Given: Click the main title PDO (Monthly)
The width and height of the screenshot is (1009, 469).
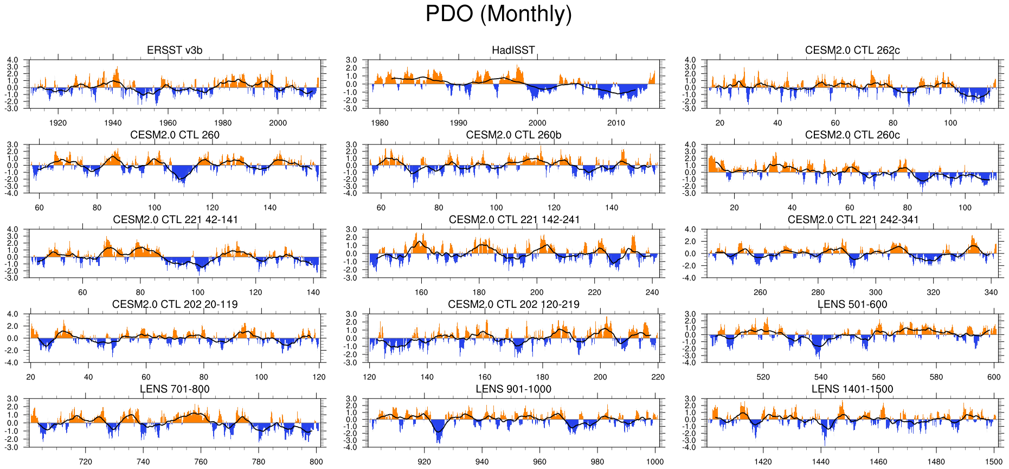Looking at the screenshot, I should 498,14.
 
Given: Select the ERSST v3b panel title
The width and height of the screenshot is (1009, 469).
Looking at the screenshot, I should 175,50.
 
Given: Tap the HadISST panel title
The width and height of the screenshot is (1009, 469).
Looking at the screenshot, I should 513,50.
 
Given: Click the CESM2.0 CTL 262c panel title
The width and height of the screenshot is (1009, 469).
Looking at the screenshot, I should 852,50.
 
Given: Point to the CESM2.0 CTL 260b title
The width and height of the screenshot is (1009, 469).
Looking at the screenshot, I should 513,135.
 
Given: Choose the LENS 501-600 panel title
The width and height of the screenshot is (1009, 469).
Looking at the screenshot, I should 852,305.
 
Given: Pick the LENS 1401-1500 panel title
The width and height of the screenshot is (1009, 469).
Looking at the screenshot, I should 852,389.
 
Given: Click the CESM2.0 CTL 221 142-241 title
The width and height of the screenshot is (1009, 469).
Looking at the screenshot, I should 514,220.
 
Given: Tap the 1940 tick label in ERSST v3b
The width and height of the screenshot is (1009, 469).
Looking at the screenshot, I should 113,123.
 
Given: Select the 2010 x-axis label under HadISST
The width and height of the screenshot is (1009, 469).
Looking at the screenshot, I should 616,123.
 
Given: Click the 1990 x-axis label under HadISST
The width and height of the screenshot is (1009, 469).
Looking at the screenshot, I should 458,123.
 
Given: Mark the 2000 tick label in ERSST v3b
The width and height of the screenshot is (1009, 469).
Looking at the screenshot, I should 278,123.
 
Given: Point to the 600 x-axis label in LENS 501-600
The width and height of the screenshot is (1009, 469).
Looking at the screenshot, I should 994,377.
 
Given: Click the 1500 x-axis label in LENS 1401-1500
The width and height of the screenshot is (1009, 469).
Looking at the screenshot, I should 994,462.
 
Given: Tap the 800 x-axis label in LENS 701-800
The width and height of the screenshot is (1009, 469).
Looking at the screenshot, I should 316,462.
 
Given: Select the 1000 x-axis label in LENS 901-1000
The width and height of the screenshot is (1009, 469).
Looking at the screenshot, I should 655,462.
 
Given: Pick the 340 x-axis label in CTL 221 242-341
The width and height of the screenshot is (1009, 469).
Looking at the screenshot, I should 991,293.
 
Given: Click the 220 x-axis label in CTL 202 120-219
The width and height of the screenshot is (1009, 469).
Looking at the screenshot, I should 658,377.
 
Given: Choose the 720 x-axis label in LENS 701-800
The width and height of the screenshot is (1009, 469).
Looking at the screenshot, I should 85,462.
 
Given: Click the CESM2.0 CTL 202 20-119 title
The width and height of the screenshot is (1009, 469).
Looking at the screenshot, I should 175,305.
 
